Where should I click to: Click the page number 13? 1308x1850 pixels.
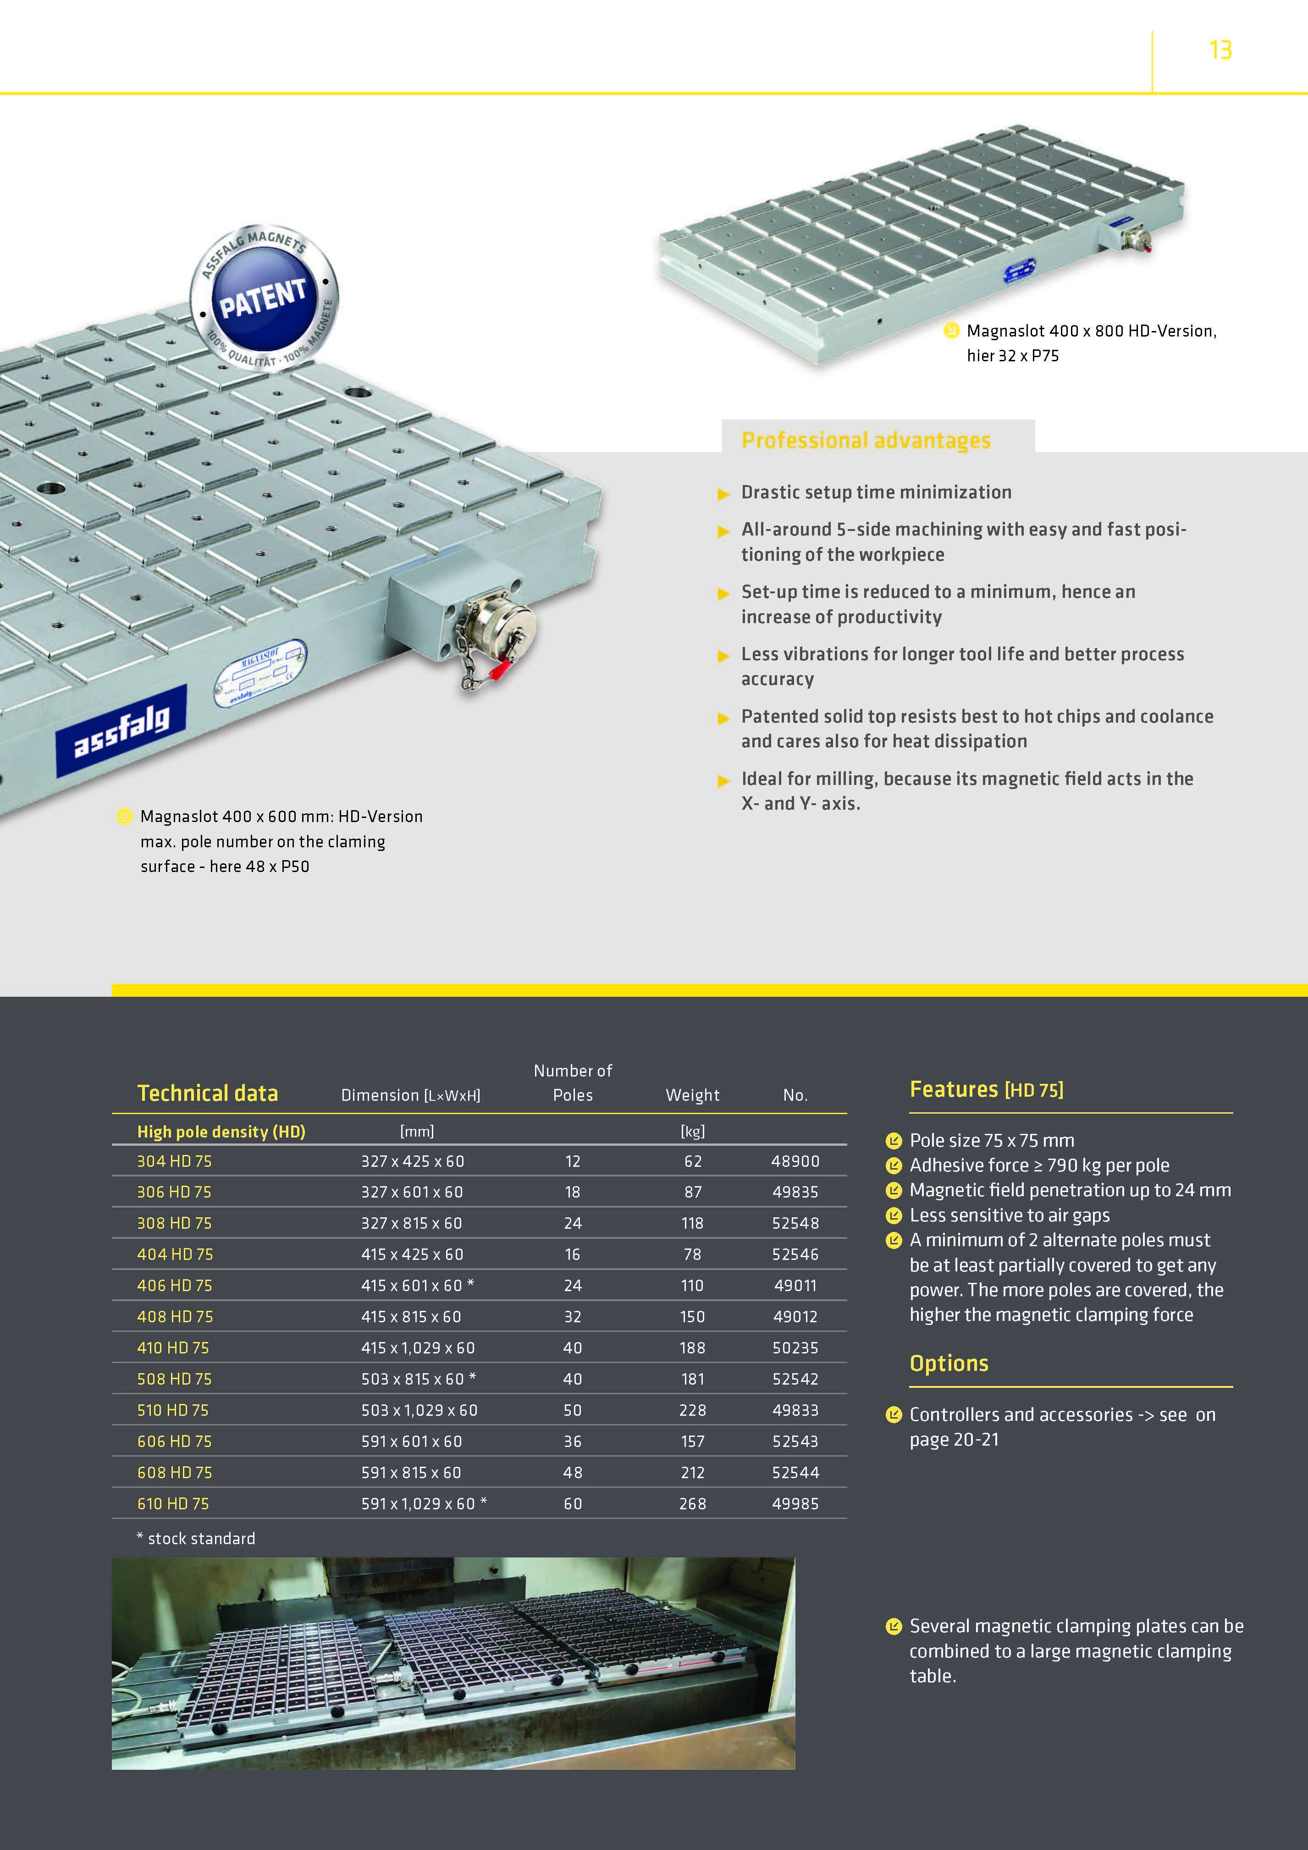[x=1220, y=50]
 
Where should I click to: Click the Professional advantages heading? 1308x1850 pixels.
[x=866, y=440]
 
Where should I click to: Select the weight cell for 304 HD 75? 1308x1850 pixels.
[x=692, y=1161]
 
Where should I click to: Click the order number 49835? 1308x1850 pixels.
[x=795, y=1192]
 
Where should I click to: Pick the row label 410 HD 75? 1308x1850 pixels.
[x=173, y=1347]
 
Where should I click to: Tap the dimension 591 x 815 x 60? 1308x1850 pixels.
[x=411, y=1472]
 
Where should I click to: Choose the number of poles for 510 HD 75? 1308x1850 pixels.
[x=572, y=1410]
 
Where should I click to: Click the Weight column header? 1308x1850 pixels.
[x=692, y=1095]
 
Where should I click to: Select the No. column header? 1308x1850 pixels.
[x=795, y=1095]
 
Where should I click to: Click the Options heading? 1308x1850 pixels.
[x=949, y=1364]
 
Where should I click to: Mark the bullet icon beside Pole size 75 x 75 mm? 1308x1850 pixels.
[x=893, y=1140]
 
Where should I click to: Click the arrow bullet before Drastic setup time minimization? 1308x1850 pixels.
[x=723, y=494]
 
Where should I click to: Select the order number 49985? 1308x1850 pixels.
[x=795, y=1503]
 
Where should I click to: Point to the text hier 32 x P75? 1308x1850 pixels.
[x=1012, y=355]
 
